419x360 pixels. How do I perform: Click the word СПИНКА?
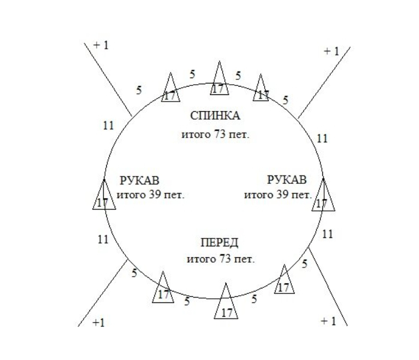[x=214, y=116]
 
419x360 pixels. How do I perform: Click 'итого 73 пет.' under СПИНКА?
[x=215, y=134]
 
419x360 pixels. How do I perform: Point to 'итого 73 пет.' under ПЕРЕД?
[x=220, y=260]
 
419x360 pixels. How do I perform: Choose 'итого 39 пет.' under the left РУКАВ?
[x=150, y=195]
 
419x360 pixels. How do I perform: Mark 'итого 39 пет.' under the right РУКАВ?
[x=278, y=195]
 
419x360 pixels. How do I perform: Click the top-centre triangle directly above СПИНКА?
[x=219, y=80]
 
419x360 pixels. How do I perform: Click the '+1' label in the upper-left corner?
[x=101, y=46]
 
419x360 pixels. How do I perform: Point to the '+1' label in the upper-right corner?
[x=331, y=52]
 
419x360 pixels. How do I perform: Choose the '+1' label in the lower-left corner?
[x=98, y=323]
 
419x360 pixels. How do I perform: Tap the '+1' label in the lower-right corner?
[x=328, y=322]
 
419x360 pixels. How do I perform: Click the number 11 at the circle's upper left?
[x=108, y=126]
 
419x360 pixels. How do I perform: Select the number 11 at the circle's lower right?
[x=327, y=234]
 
